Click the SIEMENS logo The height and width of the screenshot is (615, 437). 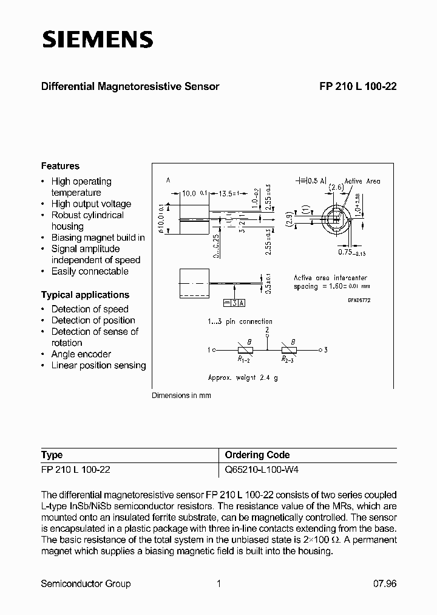[97, 40]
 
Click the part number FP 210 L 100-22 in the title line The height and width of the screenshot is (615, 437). [358, 86]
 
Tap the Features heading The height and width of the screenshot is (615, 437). [60, 166]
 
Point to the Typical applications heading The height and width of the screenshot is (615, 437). [85, 295]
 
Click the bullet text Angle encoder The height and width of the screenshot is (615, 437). [81, 354]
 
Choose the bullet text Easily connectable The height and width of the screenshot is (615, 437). [90, 272]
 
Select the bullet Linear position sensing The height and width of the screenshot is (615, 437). [98, 365]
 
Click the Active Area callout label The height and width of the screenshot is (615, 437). [362, 181]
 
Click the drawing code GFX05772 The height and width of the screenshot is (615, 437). [358, 300]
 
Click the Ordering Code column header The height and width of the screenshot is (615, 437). [257, 455]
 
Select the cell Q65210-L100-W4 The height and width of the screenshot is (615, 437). [262, 470]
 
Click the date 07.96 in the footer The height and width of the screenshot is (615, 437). [384, 583]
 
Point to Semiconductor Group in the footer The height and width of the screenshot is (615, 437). [86, 583]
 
